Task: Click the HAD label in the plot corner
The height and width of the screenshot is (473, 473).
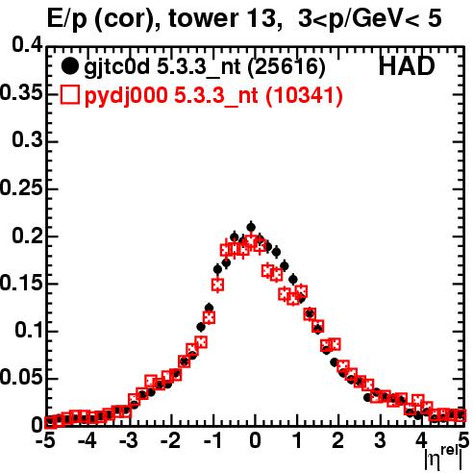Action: tap(407, 66)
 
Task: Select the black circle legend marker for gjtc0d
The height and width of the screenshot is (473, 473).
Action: tap(69, 66)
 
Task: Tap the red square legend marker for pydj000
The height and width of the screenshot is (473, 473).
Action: tap(69, 95)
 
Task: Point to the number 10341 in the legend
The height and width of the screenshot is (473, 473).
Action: tap(304, 95)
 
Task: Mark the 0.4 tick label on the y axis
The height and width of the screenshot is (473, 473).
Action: tap(27, 44)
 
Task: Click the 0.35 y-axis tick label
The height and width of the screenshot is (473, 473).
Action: tap(21, 92)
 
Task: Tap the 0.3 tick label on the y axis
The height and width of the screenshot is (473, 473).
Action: tap(27, 139)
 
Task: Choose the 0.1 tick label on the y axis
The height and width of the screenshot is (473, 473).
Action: tap(29, 330)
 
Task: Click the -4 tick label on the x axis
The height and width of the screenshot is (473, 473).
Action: tap(87, 440)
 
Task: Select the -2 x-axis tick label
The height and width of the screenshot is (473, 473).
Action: tap(171, 440)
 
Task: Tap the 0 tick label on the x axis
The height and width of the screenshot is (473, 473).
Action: tap(255, 440)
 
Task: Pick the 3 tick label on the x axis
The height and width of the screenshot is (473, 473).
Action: tap(381, 440)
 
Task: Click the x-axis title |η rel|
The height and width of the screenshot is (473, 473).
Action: tap(443, 459)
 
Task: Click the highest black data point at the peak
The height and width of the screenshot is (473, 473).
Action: tap(251, 227)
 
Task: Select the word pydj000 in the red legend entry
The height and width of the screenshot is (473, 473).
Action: tap(126, 96)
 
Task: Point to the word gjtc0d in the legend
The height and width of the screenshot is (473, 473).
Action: tap(117, 67)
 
